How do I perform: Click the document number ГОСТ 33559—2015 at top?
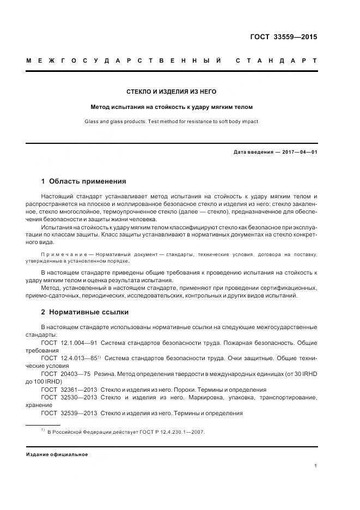(283, 38)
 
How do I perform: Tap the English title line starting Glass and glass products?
(172, 122)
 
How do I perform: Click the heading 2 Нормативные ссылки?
(85, 312)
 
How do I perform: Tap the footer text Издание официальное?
(57, 454)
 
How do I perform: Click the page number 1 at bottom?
(316, 466)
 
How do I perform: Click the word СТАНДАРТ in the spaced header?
(277, 60)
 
